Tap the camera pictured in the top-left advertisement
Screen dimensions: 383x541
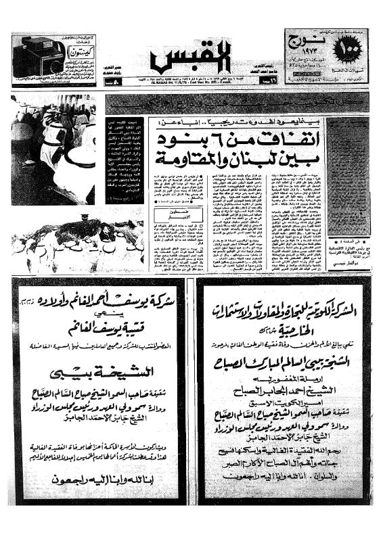pos(39,56)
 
